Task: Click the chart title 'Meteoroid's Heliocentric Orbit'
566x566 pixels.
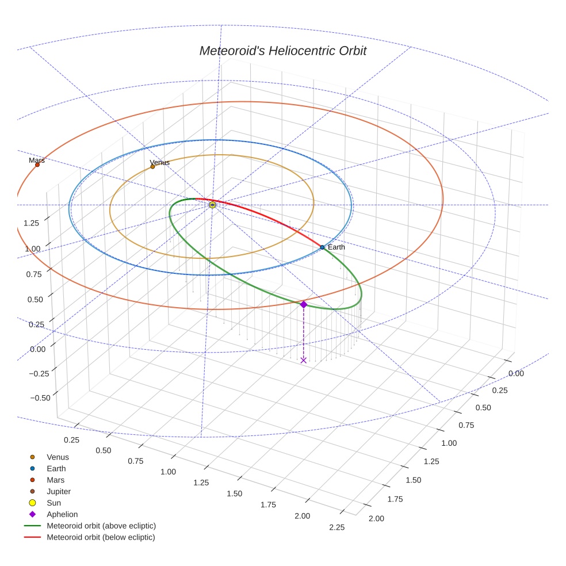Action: (282, 51)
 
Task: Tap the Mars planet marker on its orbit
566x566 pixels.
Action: (37, 165)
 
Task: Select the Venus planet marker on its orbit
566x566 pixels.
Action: (152, 167)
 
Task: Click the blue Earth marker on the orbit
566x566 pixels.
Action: (322, 247)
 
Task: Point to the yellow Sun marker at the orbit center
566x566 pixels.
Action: (212, 205)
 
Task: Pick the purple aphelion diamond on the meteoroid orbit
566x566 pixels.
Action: (303, 304)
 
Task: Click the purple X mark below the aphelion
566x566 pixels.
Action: (303, 360)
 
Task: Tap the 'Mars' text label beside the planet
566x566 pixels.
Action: (37, 160)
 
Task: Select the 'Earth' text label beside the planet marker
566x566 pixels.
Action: (336, 247)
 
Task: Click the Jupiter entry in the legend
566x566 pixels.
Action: (59, 492)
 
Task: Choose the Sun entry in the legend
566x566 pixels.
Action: (53, 503)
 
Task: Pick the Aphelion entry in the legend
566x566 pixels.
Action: (62, 515)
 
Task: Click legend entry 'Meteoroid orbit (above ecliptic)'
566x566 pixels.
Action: (101, 526)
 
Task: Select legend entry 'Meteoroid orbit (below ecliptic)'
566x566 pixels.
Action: (101, 537)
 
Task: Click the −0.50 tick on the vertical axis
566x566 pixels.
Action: (39, 398)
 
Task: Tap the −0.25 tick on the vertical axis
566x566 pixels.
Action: (39, 373)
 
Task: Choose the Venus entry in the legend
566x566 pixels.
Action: (58, 457)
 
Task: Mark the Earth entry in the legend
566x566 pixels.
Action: (56, 469)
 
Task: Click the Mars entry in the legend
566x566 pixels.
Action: (55, 480)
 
